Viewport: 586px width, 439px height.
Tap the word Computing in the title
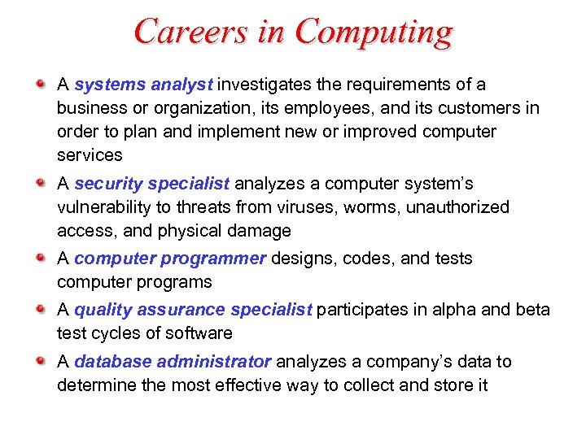(x=374, y=33)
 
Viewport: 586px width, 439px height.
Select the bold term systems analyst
(x=143, y=85)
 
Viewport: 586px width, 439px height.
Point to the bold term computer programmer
(x=169, y=259)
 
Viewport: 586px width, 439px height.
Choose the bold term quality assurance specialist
(x=193, y=310)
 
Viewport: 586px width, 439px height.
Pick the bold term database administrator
(x=173, y=362)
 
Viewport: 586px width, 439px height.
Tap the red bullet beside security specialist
(x=42, y=183)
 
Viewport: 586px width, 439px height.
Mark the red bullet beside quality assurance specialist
(x=42, y=309)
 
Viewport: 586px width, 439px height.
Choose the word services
(x=90, y=154)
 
